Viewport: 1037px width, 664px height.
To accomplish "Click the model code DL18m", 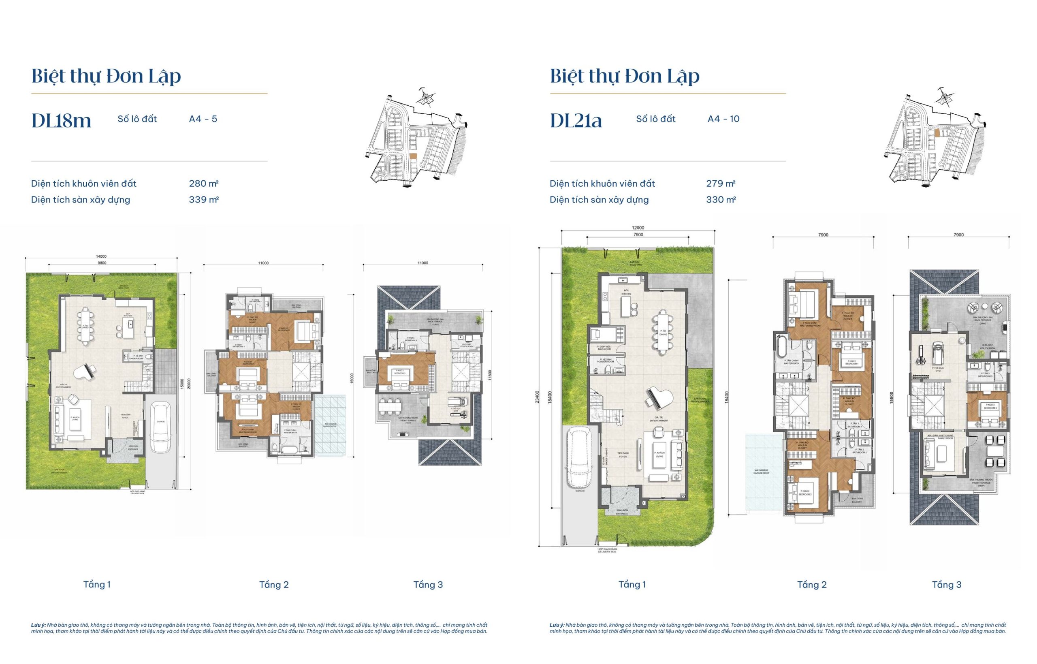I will tap(61, 120).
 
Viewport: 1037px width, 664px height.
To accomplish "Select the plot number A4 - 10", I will tap(723, 119).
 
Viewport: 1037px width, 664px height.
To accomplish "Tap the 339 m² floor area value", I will tap(203, 200).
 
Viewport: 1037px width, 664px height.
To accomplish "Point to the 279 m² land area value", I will tap(720, 184).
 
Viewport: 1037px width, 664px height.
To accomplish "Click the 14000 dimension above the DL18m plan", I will tap(101, 256).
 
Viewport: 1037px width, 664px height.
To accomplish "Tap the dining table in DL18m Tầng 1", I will tap(85, 326).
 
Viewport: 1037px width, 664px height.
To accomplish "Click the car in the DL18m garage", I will tap(160, 427).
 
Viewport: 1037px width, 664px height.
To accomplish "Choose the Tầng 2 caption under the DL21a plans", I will tap(812, 585).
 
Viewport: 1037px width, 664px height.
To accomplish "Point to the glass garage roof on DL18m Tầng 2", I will tap(330, 425).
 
